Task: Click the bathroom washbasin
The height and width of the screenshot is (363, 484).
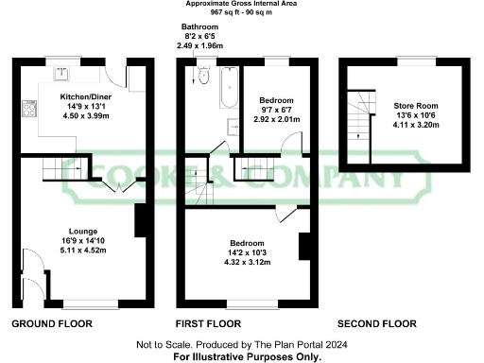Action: [x=231, y=127]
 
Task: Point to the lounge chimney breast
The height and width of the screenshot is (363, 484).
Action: [x=139, y=220]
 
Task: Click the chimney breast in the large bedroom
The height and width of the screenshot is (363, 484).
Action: [x=303, y=246]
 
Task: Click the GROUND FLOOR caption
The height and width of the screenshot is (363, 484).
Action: [x=51, y=323]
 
